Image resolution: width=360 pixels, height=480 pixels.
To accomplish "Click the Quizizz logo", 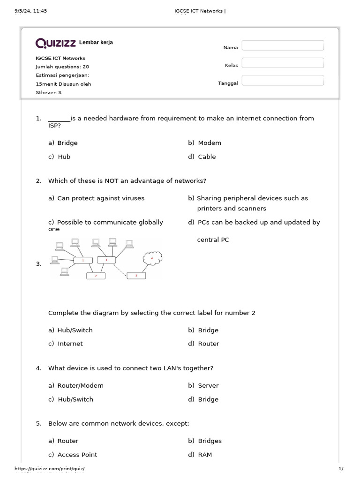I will pos(56,43).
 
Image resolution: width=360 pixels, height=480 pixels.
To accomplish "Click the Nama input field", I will pos(283,45).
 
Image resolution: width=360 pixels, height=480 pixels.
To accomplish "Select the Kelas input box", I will pos(283,63).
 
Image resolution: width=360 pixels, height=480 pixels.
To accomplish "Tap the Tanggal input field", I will pos(283,81).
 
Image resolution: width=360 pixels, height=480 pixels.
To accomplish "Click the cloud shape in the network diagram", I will pos(152,258).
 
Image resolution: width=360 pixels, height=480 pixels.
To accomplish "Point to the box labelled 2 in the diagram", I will pos(96,276).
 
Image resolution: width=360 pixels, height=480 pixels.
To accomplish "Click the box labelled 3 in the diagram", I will pos(136,276).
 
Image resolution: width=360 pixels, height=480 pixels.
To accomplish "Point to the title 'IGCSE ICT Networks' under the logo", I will pos(60,58).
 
